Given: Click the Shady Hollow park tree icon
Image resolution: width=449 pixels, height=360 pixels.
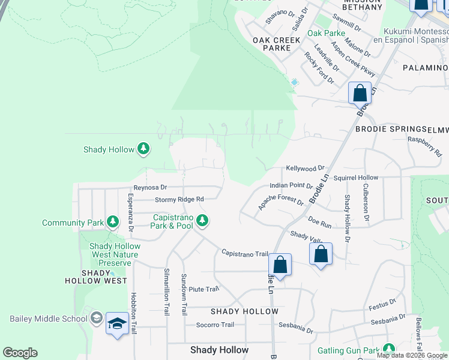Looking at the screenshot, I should (x=143, y=149).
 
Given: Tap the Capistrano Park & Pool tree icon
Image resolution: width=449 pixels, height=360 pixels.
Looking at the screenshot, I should (x=202, y=221).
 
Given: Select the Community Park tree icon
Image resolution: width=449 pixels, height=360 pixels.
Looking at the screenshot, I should (x=112, y=223).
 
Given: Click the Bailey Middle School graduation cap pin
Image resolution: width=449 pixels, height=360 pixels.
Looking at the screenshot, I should (x=117, y=324).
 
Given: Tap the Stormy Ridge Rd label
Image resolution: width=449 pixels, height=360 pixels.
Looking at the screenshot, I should (x=179, y=199).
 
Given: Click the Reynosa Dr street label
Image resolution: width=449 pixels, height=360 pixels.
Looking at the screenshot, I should (x=150, y=188).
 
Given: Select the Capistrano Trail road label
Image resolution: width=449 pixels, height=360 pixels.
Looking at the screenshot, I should (x=244, y=253).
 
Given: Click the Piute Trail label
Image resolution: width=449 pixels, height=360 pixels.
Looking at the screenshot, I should (x=203, y=289).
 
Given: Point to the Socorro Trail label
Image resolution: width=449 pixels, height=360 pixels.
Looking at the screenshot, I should (x=215, y=325).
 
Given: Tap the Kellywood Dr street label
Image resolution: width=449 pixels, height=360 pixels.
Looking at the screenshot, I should (x=305, y=168).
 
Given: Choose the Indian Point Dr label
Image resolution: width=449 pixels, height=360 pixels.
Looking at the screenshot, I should (x=291, y=187).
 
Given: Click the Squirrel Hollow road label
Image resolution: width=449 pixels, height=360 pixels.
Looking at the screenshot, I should (x=356, y=178).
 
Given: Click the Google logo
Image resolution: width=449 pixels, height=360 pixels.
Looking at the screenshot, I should (x=20, y=353).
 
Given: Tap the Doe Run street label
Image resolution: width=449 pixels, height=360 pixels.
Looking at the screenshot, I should (x=319, y=223).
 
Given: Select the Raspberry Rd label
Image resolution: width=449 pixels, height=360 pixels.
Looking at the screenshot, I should (x=424, y=146).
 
